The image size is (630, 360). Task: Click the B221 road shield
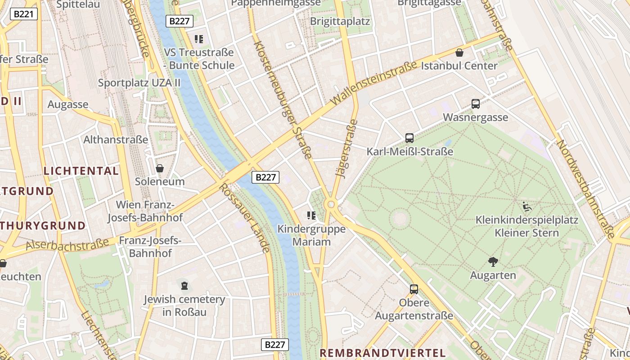[24, 14]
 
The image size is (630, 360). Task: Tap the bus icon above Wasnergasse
[476, 104]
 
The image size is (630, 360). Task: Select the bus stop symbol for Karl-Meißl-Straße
[409, 138]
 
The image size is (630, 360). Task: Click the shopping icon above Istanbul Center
[459, 53]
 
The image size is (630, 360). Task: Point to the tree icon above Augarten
[493, 261]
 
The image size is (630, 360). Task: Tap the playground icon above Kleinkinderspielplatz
[527, 207]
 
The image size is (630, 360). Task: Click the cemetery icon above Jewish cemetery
[184, 285]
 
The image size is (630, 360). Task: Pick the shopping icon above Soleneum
[160, 168]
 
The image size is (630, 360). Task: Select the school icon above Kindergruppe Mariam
[311, 216]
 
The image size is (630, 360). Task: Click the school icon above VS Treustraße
[199, 39]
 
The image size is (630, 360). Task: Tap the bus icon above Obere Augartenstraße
[414, 289]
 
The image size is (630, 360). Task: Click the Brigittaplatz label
[340, 21]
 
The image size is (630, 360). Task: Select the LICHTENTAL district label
[81, 171]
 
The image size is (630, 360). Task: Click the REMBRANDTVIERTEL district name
[382, 353]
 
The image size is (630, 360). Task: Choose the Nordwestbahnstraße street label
[585, 189]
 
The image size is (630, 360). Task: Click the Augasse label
[68, 104]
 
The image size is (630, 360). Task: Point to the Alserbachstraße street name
[67, 245]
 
